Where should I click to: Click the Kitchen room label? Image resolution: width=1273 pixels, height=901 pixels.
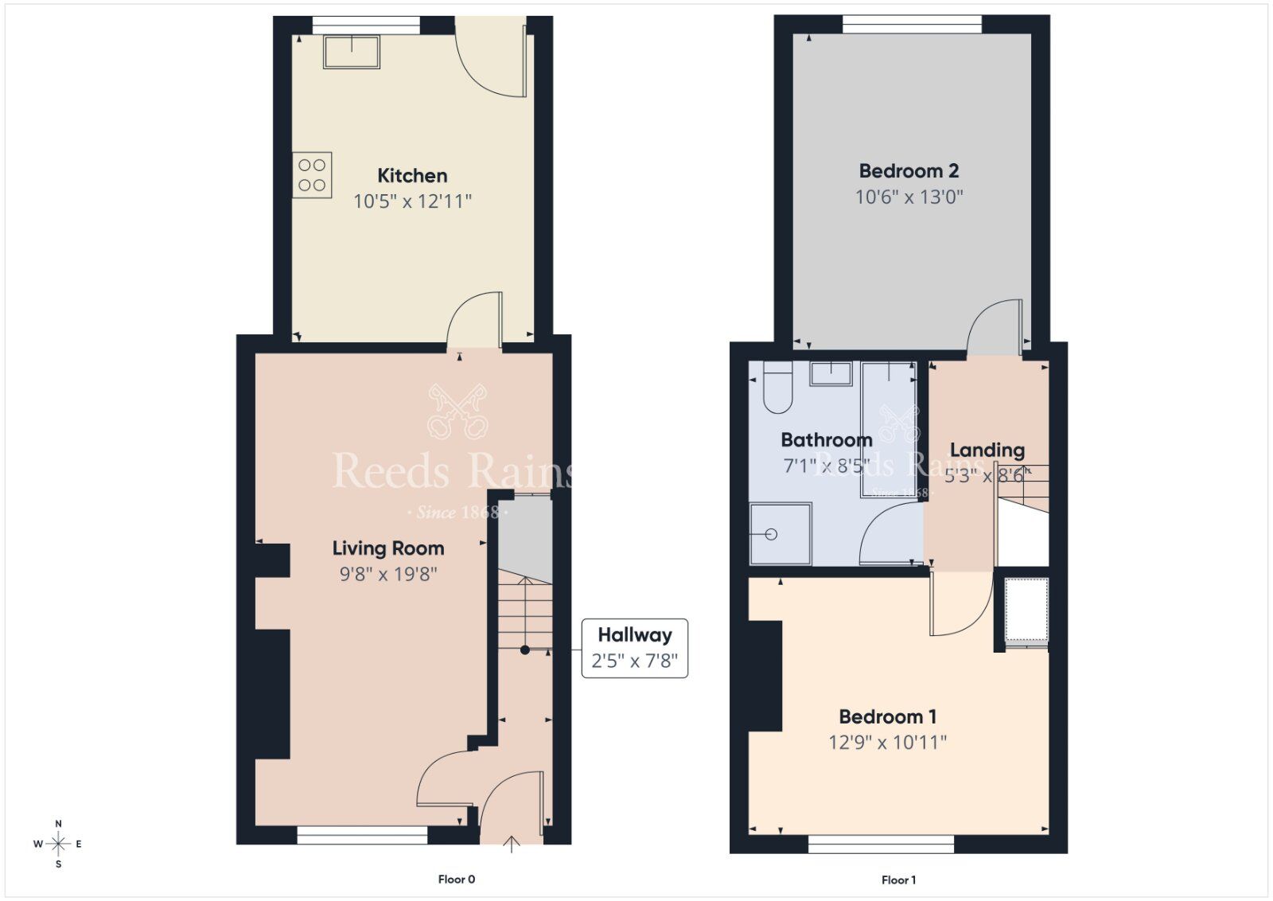point(411,175)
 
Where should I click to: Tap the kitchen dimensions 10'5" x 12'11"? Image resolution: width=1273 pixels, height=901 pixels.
point(412,201)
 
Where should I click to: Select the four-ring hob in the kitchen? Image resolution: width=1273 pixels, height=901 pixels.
point(312,175)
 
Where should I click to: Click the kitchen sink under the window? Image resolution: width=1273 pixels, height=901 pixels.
point(351,52)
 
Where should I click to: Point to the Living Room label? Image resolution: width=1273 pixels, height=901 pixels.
point(387,548)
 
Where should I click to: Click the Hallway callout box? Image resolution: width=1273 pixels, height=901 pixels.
point(634,648)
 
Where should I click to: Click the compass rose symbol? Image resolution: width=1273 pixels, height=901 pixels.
point(58,844)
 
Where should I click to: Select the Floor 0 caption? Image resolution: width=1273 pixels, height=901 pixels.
point(456,880)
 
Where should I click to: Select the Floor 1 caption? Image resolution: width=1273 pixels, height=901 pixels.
point(898,880)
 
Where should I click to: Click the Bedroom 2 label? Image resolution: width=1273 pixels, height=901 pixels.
point(909,170)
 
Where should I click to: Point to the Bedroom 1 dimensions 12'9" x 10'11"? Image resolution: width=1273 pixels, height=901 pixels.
point(887,743)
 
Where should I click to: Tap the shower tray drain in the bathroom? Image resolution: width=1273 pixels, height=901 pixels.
point(770,534)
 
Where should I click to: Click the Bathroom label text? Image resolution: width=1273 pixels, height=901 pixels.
point(826,439)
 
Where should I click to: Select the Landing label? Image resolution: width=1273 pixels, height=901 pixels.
point(987,450)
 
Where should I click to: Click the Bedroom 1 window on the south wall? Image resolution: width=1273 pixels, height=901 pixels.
point(881,844)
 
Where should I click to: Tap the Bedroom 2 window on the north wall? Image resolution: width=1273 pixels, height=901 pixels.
point(912,25)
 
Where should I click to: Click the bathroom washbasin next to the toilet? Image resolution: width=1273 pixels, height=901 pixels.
point(831,372)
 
